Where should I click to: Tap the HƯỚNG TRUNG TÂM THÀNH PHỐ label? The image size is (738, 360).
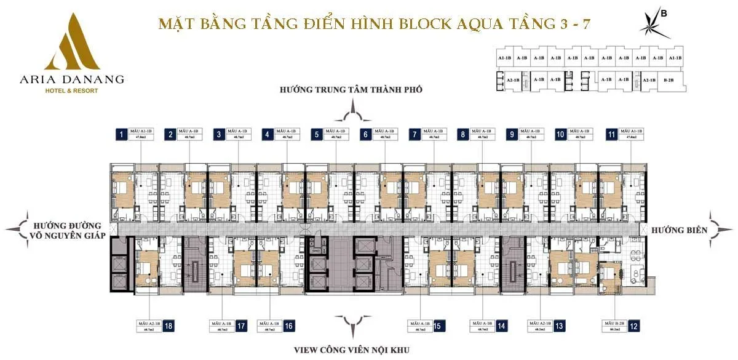[351, 90]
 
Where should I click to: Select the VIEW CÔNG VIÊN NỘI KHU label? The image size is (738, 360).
[352, 350]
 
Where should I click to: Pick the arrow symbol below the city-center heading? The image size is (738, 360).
[352, 113]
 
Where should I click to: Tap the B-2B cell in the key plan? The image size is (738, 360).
[669, 80]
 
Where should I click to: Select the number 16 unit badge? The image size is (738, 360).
[288, 326]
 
